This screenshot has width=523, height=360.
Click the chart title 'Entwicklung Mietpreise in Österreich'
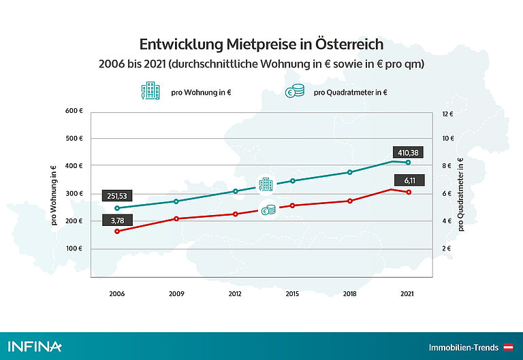pyautogui.click(x=261, y=44)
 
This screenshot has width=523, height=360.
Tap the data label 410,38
pyautogui.click(x=407, y=152)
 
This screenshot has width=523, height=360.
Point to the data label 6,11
pyautogui.click(x=407, y=180)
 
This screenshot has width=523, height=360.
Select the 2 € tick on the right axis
pyautogui.click(x=447, y=249)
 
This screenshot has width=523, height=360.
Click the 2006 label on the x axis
pyautogui.click(x=117, y=294)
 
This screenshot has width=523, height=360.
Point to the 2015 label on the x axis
pyautogui.click(x=292, y=294)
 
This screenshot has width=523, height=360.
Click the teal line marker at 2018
pyautogui.click(x=350, y=172)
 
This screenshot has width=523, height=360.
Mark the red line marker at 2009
pyautogui.click(x=176, y=218)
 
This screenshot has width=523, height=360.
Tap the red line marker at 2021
pyautogui.click(x=408, y=193)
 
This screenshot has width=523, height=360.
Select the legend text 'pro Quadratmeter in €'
pyautogui.click(x=350, y=93)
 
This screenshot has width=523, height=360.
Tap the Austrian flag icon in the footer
pyautogui.click(x=508, y=347)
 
